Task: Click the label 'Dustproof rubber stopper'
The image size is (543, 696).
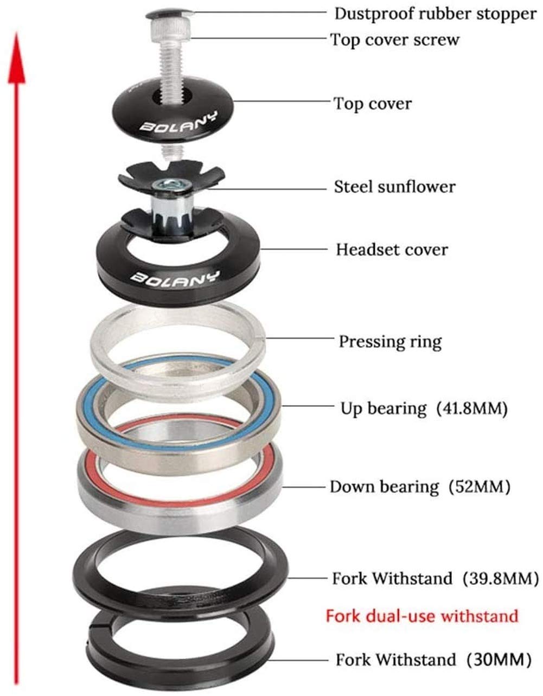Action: coord(435,14)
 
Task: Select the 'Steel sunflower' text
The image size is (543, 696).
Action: coord(394,187)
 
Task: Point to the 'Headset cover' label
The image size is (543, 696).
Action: coord(392,250)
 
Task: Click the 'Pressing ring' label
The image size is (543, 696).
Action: coord(390,342)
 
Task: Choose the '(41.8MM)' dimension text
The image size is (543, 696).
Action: coord(472,408)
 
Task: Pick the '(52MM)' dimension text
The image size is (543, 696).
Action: coord(480,487)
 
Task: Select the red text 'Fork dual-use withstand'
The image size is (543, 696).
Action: coord(421,616)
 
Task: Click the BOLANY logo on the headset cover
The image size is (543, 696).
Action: coord(175,277)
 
